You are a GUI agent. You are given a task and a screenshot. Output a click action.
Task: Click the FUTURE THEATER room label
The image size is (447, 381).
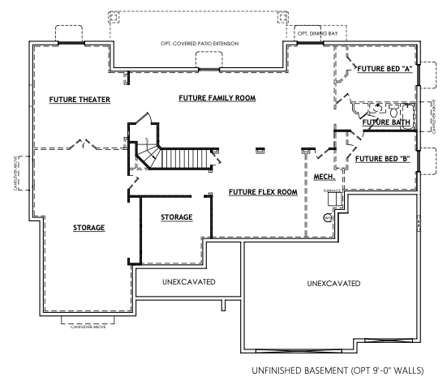click(80, 100)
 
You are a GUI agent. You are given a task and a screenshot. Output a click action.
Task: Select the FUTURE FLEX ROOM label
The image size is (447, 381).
click(263, 192)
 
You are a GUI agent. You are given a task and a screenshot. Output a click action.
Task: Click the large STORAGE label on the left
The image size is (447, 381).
click(88, 228)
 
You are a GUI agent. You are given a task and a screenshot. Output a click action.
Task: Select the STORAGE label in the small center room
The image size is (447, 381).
click(176, 217)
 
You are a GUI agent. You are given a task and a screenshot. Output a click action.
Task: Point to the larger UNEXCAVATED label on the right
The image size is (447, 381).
click(333, 284)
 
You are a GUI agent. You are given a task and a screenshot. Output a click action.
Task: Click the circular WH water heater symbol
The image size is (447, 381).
click(329, 217)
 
